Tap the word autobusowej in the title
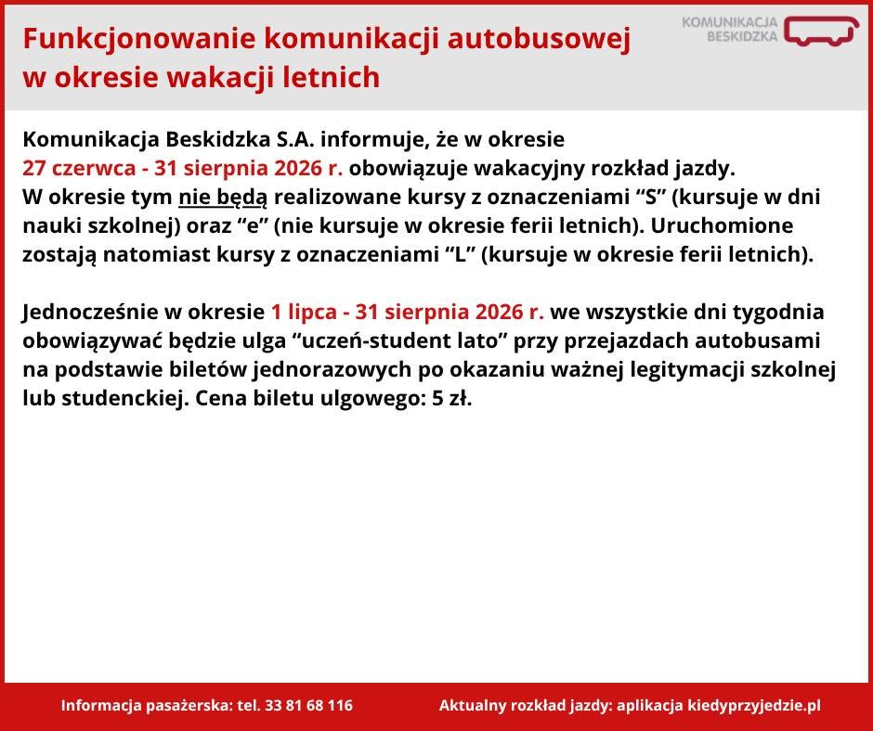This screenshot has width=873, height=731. coord(539,40)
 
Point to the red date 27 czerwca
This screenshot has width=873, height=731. coord(79,168)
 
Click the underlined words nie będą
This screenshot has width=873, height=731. coord(223,198)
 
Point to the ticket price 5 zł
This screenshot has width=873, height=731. coord(452,399)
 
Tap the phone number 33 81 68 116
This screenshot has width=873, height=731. coord(309,705)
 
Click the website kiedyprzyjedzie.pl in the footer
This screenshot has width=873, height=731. coord(754,706)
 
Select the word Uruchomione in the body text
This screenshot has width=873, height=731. coord(722,225)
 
